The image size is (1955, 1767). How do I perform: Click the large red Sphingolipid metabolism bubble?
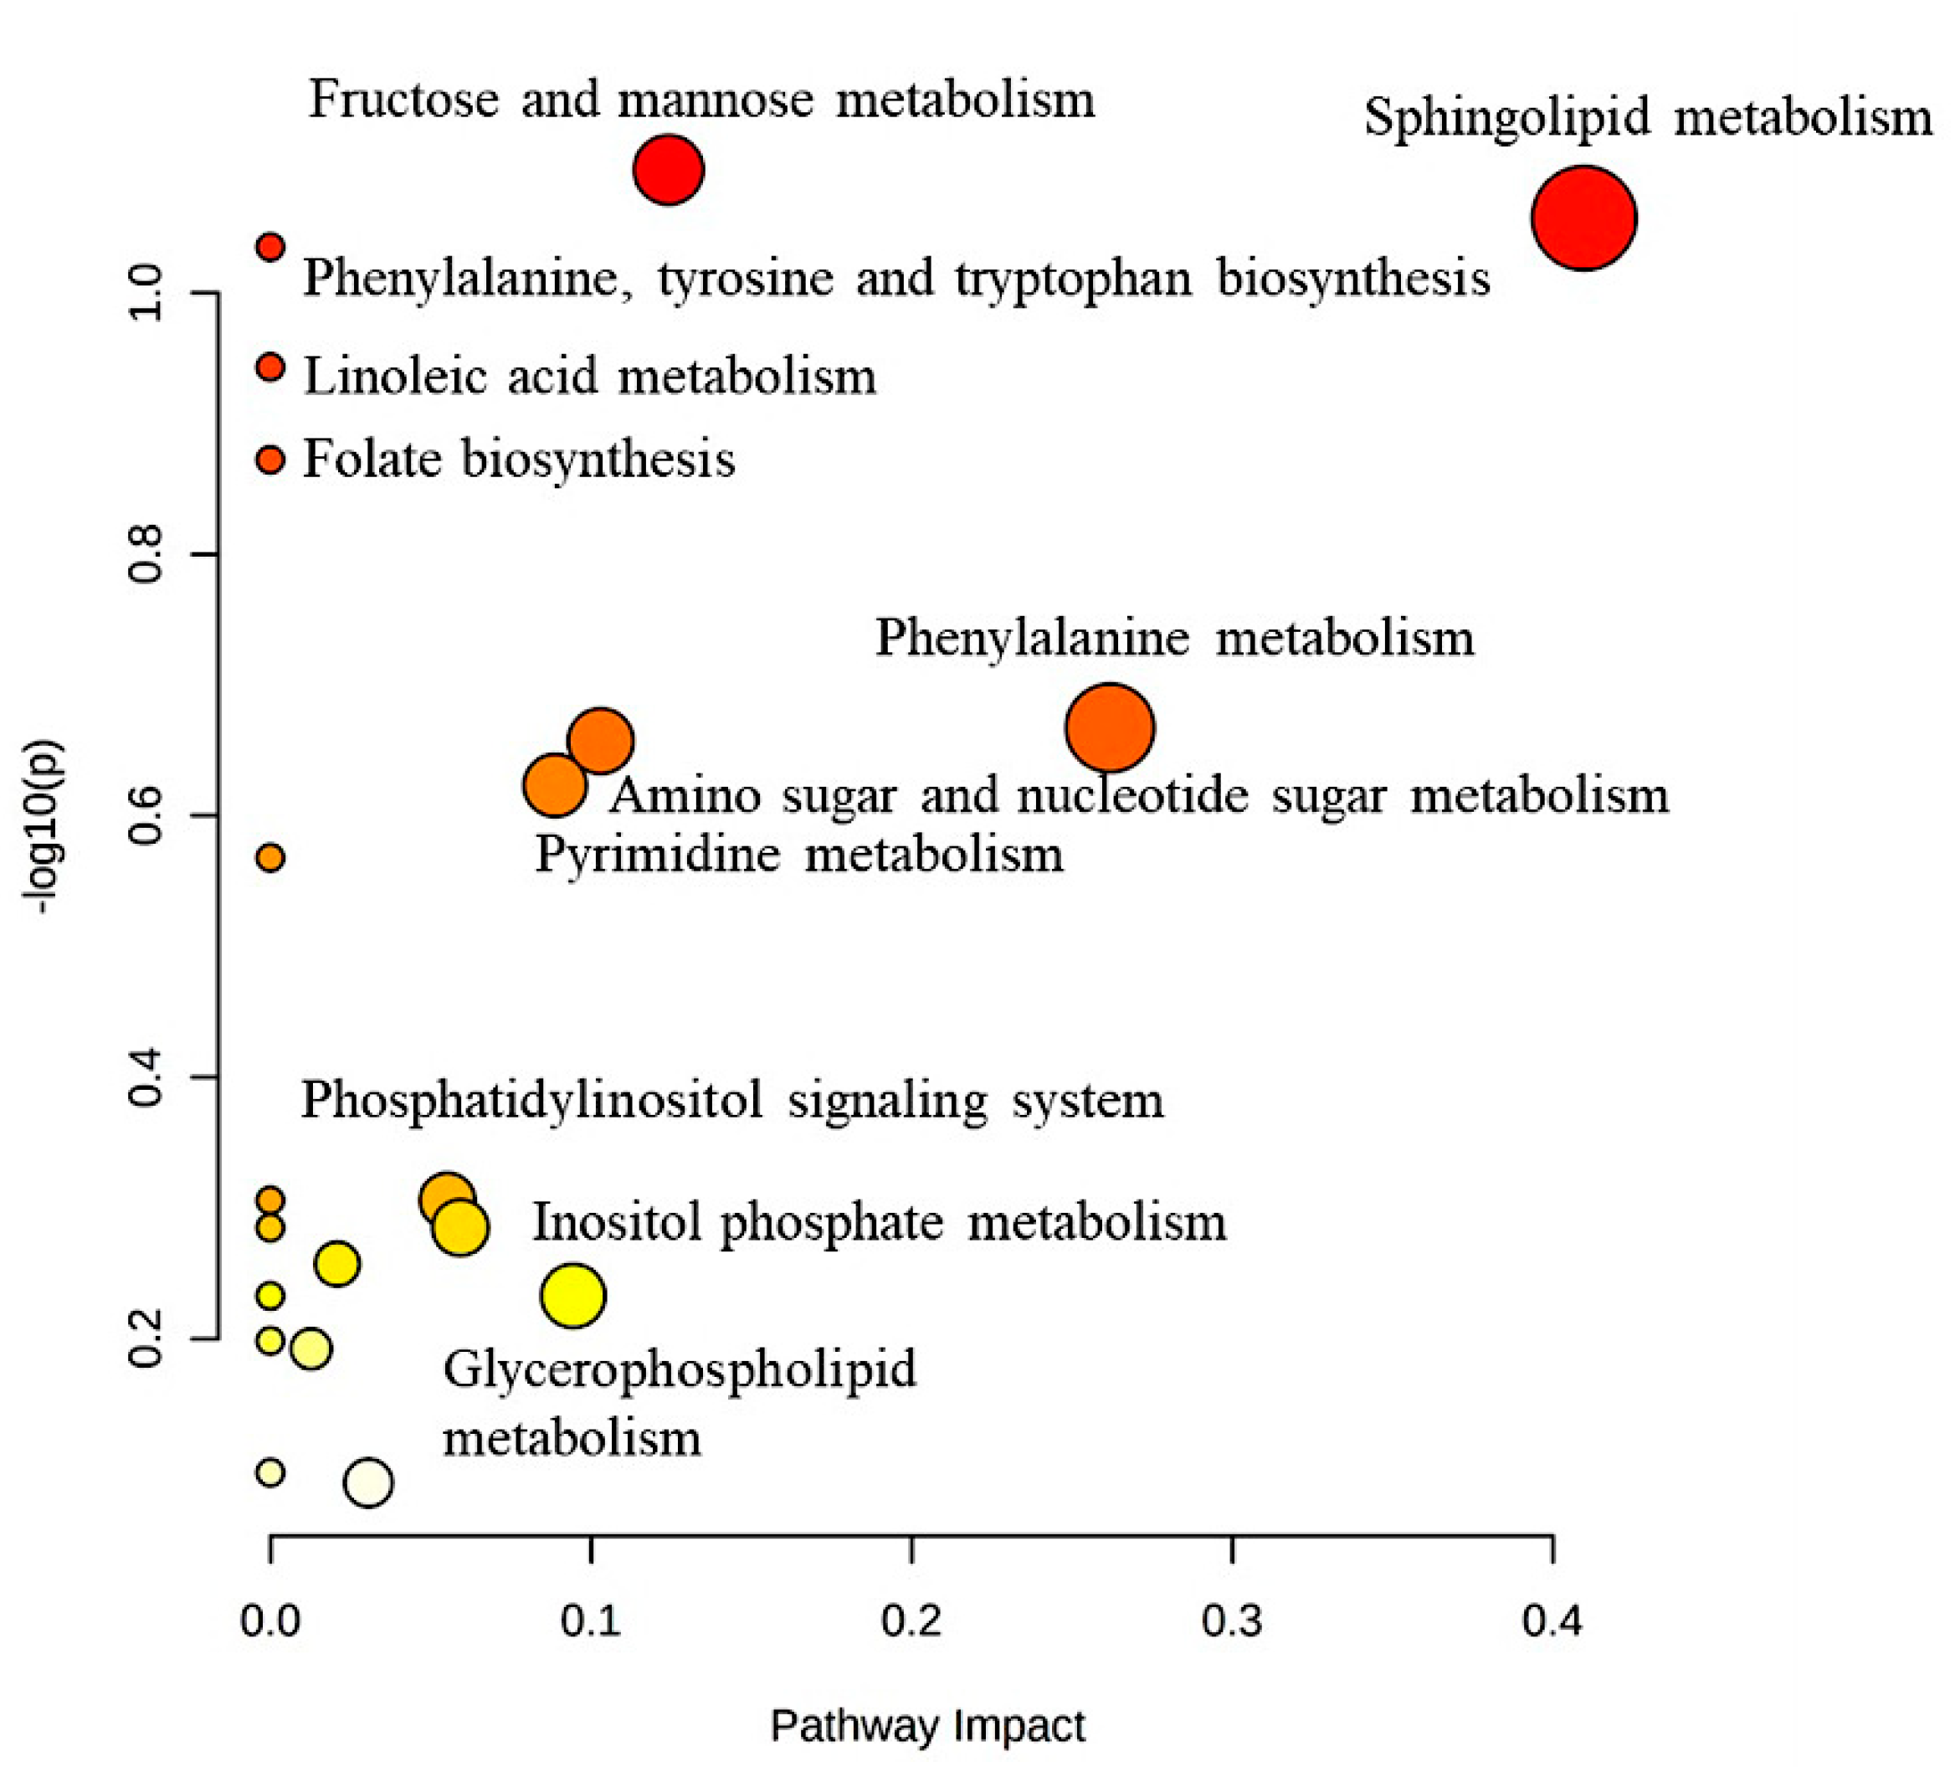tap(1583, 218)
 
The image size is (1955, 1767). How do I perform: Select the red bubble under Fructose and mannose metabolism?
tap(668, 170)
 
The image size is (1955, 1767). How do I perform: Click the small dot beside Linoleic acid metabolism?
tap(270, 367)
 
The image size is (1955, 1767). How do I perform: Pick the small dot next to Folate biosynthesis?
tap(270, 460)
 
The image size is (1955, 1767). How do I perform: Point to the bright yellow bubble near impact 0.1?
tap(573, 1296)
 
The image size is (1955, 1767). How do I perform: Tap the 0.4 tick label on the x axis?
tap(1552, 1621)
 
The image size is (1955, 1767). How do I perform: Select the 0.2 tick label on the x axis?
tap(911, 1621)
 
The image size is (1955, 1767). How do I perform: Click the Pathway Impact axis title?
tap(927, 1726)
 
